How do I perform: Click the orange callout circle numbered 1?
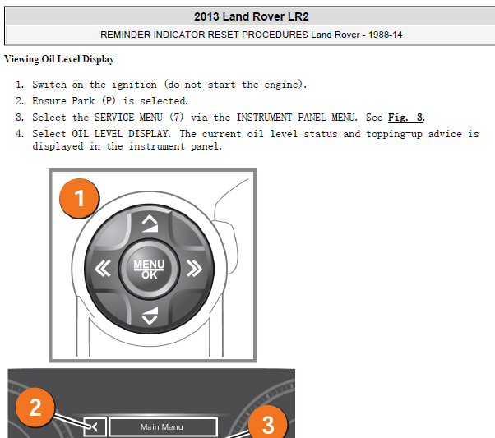[80, 198]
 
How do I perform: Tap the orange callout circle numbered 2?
[35, 407]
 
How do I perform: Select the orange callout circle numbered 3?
[268, 423]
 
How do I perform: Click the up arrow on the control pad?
[150, 224]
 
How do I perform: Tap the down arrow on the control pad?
[150, 316]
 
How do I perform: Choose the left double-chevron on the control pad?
[103, 268]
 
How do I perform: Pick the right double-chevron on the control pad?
[194, 268]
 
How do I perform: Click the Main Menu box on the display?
[163, 427]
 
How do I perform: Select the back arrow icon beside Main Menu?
[95, 427]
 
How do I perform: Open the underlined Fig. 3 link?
[405, 118]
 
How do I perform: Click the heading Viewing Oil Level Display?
[59, 59]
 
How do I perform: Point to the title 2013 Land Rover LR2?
[252, 16]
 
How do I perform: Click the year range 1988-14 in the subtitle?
[385, 35]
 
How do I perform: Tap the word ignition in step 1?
[134, 85]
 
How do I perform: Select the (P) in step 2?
[109, 101]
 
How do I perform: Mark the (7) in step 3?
[177, 118]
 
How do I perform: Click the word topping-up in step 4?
[395, 134]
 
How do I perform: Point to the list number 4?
[20, 134]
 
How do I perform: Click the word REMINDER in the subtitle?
[125, 35]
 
